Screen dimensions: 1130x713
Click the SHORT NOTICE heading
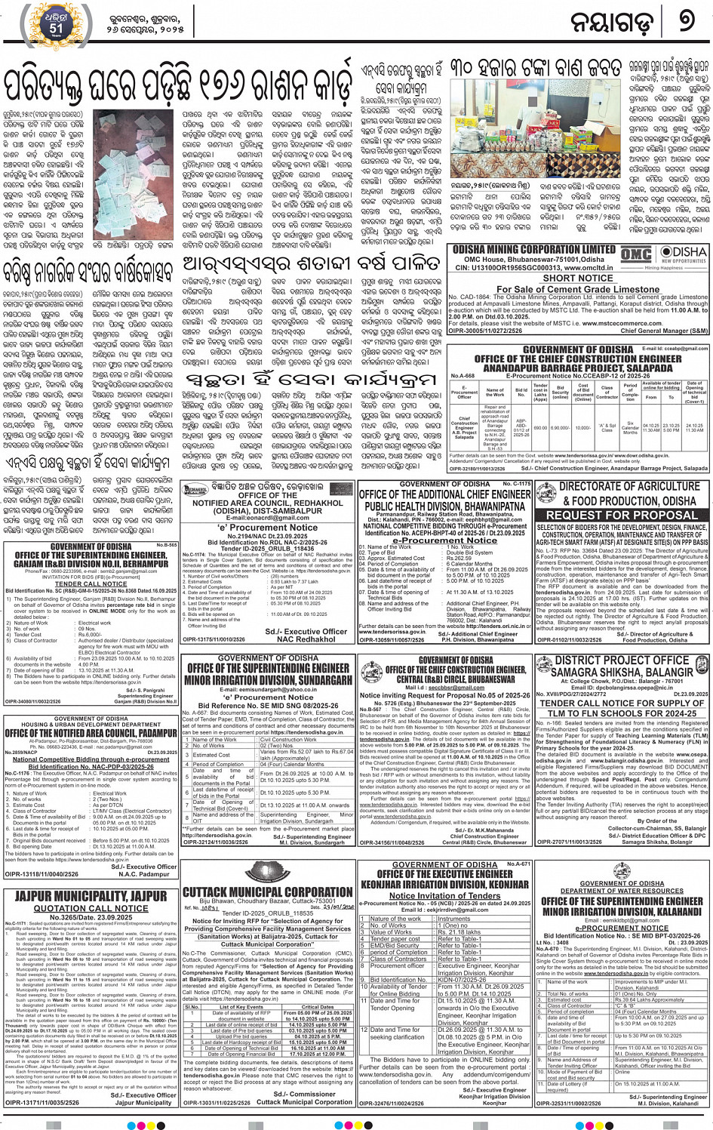(578, 278)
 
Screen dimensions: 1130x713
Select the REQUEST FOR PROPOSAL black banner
(622, 515)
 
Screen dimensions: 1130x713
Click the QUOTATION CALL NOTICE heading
(91, 908)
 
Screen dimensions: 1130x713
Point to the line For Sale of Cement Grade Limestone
(578, 289)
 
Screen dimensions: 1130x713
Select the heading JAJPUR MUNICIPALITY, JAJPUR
(91, 896)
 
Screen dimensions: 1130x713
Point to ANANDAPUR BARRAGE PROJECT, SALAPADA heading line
(578, 368)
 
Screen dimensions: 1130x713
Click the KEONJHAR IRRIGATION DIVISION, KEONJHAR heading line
(444, 884)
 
